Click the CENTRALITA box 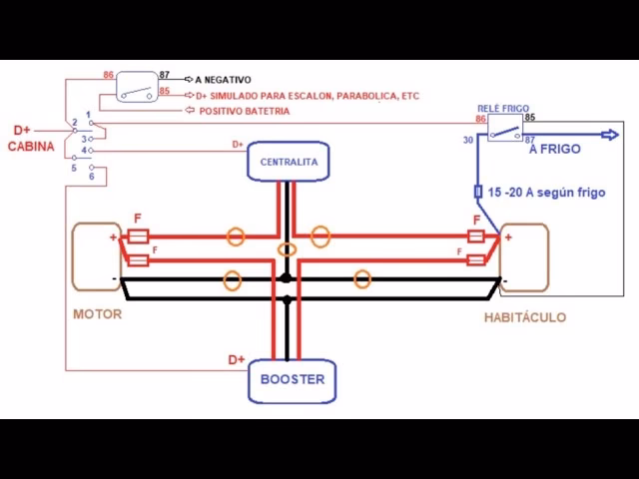tap(289, 162)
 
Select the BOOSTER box tap(292, 379)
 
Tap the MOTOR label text tap(98, 314)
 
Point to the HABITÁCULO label tap(524, 317)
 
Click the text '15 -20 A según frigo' tap(546, 191)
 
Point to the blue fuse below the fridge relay tap(478, 191)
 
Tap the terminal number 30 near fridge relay tap(467, 140)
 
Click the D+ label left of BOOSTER tap(237, 359)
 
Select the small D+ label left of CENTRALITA tap(238, 145)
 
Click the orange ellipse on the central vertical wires tap(288, 249)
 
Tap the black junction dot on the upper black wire tap(288, 280)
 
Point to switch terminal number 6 tap(92, 177)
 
